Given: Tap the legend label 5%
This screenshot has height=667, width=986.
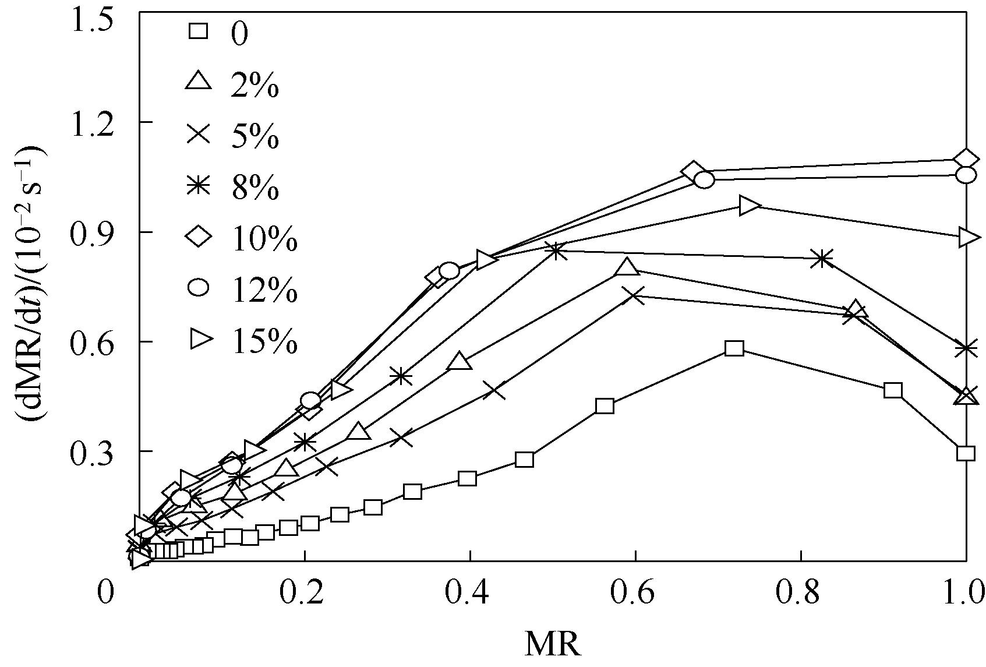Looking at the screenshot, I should coord(255,138).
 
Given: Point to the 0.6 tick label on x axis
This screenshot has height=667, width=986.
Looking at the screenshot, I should coord(635,594).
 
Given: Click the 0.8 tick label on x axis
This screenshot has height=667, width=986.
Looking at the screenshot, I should coord(801,594).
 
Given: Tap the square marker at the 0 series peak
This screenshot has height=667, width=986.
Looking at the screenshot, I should coord(734,348).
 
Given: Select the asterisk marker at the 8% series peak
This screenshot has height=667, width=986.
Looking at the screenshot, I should coord(556,252).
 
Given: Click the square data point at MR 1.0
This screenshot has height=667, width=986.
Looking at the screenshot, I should coord(966,453).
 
